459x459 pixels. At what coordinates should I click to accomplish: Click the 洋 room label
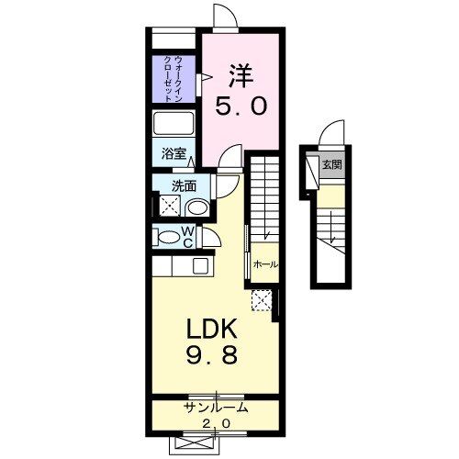pyautogui.click(x=241, y=73)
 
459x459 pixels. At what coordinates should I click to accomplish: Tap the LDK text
pyautogui.click(x=214, y=329)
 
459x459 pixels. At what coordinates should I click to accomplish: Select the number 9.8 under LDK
pyautogui.click(x=214, y=355)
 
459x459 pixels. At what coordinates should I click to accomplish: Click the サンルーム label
pyautogui.click(x=217, y=407)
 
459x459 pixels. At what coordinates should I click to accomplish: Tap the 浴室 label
pyautogui.click(x=173, y=154)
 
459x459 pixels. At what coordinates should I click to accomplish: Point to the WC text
pyautogui.click(x=187, y=237)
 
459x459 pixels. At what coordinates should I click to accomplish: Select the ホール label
pyautogui.click(x=266, y=264)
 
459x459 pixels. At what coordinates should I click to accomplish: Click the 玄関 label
pyautogui.click(x=331, y=166)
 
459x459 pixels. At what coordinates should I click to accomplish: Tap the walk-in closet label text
pyautogui.click(x=172, y=78)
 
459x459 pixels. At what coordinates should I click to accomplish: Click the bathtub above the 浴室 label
pyautogui.click(x=172, y=124)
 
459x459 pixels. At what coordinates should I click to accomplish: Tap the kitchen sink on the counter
pyautogui.click(x=199, y=267)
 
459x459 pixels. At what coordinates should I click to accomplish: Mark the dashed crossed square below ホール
pyautogui.click(x=262, y=299)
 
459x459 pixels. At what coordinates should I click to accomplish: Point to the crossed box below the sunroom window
pyautogui.click(x=218, y=441)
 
